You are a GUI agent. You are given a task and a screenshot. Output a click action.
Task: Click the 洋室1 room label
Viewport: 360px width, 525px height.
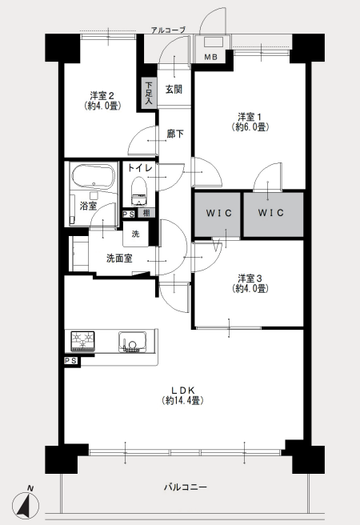[x=250, y=117]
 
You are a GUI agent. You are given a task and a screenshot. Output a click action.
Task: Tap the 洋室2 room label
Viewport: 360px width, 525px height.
[x=102, y=96]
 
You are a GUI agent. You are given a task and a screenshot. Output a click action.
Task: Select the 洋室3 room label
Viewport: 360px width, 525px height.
[x=250, y=279]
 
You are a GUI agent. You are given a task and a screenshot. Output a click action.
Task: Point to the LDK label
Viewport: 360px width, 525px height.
[x=182, y=390]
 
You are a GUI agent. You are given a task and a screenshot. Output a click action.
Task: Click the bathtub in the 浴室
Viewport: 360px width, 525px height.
[x=94, y=176]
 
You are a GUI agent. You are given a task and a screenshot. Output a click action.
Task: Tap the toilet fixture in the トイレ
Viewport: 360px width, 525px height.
[x=139, y=190]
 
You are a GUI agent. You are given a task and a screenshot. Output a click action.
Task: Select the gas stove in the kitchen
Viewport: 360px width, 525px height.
[x=82, y=341]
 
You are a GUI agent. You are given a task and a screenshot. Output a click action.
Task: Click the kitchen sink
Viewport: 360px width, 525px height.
[x=133, y=342]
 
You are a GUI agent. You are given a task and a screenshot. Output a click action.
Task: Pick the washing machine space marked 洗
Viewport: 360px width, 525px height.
[x=135, y=234]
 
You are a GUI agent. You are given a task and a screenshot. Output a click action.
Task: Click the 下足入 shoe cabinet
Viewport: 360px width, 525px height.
[x=149, y=94]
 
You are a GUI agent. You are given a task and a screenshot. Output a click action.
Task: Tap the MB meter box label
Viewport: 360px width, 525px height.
[x=210, y=58]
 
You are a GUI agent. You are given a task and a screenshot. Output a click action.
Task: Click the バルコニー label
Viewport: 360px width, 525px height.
[x=185, y=487]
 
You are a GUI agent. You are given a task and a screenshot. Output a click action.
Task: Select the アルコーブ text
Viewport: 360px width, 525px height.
[x=168, y=30]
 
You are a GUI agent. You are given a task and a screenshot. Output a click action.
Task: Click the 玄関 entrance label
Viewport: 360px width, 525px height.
[x=174, y=90]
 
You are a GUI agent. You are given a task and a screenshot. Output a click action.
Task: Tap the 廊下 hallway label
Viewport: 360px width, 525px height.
[x=175, y=134]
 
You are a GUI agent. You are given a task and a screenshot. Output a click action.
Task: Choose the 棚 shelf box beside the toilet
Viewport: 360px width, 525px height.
[x=146, y=213]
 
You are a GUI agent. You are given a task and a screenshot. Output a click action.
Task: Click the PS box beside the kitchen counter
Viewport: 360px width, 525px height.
[x=71, y=361]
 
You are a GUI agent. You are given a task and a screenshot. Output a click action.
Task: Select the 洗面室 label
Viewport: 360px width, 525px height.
[x=119, y=258]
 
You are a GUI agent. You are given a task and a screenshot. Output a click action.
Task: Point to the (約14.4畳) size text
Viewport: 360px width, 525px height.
[x=182, y=400]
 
